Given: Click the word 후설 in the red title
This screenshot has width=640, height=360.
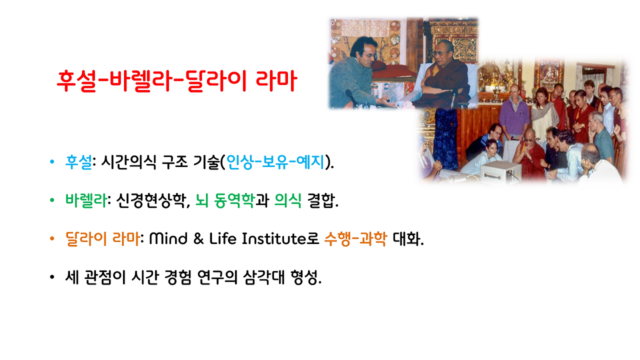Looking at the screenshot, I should tap(74, 81).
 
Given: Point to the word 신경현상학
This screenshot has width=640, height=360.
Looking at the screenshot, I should tap(148, 201).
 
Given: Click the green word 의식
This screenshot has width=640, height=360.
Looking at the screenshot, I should tap(287, 201).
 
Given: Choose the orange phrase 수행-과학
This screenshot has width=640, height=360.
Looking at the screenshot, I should tap(355, 239).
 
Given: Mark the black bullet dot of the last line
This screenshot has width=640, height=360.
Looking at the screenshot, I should tap(52, 278).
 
